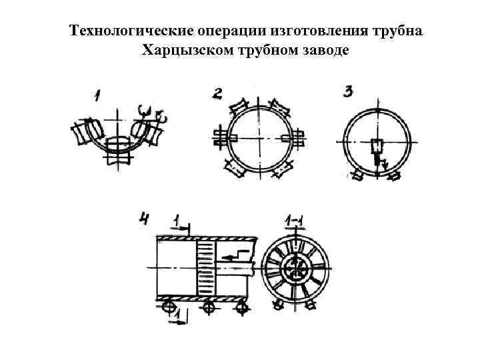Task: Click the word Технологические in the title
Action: pyautogui.click(x=127, y=32)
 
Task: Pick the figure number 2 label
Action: pyautogui.click(x=217, y=93)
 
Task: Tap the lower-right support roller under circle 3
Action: pyautogui.click(x=395, y=177)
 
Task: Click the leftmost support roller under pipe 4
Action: pyautogui.click(x=170, y=307)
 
